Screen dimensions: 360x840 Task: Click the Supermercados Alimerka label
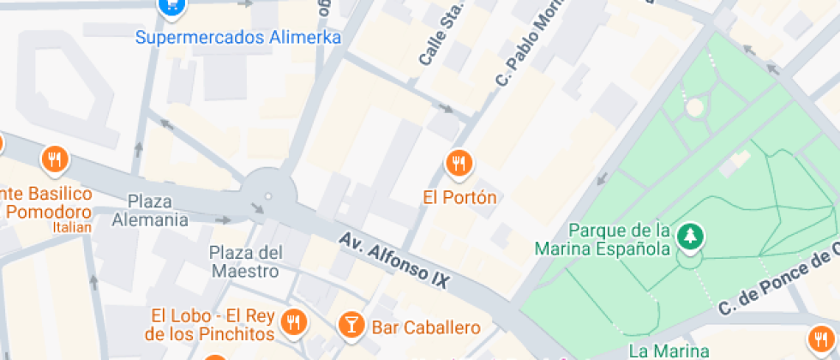tap(238, 38)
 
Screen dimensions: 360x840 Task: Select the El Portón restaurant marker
tap(459, 162)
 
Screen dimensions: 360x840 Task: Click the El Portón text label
tap(459, 197)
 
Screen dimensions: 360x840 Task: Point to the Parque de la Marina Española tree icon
tap(690, 234)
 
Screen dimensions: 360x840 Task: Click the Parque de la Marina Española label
tap(602, 240)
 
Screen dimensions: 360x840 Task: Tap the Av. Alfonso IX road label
tap(393, 260)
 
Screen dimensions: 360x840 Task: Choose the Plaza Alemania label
tap(150, 210)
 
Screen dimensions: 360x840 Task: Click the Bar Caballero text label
tap(425, 327)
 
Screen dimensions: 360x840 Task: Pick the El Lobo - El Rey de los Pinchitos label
tap(211, 325)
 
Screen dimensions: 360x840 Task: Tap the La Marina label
tap(669, 351)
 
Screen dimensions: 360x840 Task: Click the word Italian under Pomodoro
tap(71, 228)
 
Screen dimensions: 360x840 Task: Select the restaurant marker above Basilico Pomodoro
tap(55, 159)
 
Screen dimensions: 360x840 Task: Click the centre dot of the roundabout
tap(267, 196)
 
